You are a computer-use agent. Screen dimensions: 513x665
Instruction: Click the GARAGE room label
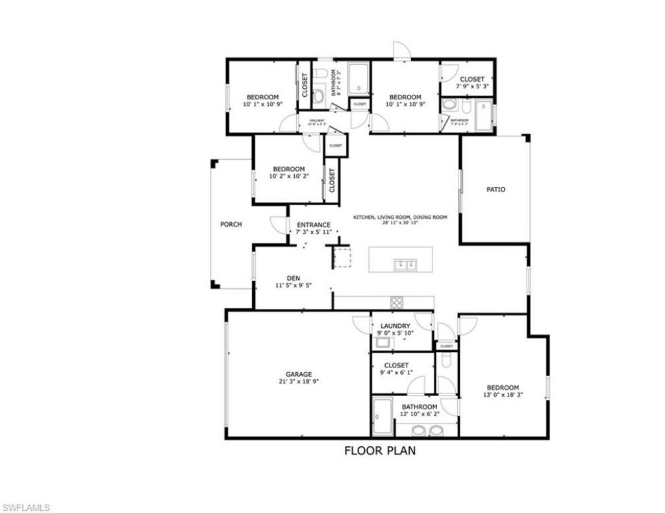pyautogui.click(x=299, y=374)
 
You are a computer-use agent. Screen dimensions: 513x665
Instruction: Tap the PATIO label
pyautogui.click(x=496, y=190)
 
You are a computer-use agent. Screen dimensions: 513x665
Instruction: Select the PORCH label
pyautogui.click(x=231, y=225)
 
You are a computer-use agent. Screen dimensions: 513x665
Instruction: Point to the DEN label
pyautogui.click(x=293, y=277)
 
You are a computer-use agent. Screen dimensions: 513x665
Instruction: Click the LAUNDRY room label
pyautogui.click(x=395, y=326)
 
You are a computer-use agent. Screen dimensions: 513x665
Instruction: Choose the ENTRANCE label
pyautogui.click(x=314, y=225)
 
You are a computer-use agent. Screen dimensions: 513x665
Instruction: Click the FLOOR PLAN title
pyautogui.click(x=380, y=450)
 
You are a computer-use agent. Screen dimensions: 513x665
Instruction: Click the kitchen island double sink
pyautogui.click(x=407, y=264)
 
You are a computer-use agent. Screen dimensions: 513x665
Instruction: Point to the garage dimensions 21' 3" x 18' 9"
pyautogui.click(x=299, y=382)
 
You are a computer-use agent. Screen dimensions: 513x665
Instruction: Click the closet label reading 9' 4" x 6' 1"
pyautogui.click(x=395, y=373)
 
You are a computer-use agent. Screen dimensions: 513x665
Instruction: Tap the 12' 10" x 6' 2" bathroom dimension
pyautogui.click(x=419, y=415)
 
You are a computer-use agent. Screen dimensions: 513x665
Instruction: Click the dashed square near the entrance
pyautogui.click(x=342, y=257)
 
